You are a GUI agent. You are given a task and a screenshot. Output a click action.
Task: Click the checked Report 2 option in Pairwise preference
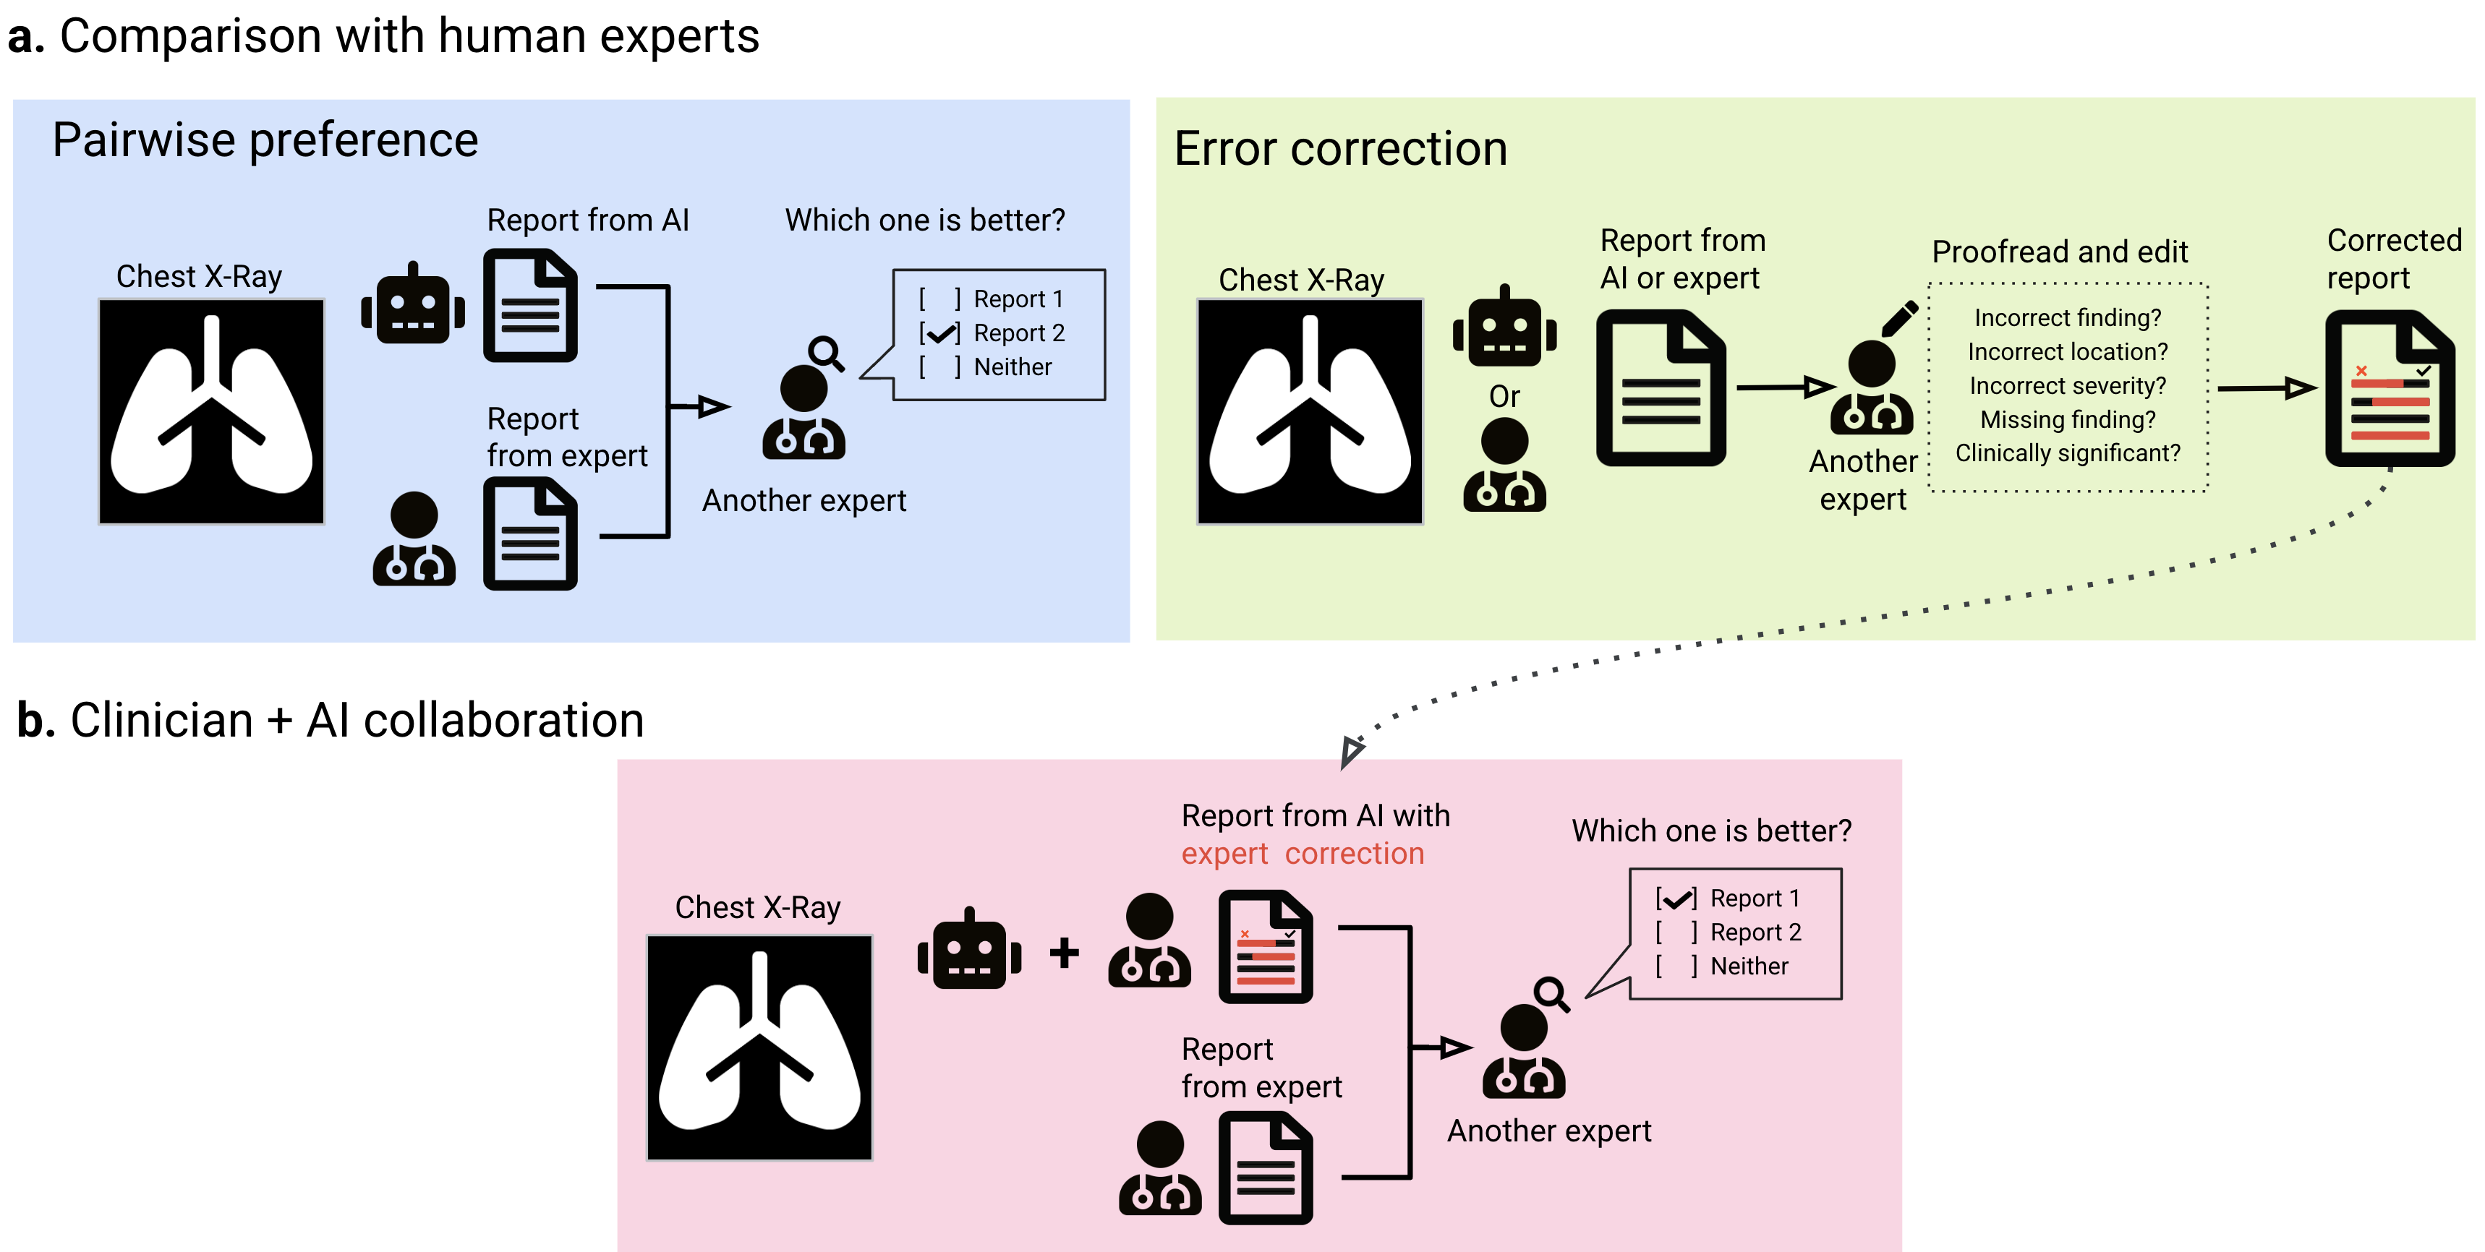(992, 333)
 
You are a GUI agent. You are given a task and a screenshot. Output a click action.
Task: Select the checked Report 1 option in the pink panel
(1728, 898)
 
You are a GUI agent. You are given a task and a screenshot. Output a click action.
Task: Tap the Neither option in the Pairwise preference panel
(985, 366)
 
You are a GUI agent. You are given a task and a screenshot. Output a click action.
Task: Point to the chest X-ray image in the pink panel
(759, 1047)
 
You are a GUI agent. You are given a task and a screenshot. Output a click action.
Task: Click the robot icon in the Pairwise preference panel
(413, 303)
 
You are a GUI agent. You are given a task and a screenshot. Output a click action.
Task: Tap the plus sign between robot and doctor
(1064, 953)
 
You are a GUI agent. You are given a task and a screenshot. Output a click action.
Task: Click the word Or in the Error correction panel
(1504, 396)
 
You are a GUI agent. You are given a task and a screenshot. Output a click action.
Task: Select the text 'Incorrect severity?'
(2067, 386)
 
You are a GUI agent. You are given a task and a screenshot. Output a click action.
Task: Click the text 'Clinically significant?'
(2067, 453)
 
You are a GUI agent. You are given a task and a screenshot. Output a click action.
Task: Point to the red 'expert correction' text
(1303, 854)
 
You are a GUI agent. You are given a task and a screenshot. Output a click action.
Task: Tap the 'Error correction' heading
(1341, 150)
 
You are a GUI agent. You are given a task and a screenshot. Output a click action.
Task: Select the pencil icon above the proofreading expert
(1898, 320)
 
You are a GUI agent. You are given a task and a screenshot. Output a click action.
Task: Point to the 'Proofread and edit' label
(2060, 252)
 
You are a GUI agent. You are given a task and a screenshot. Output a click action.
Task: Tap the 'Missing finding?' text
(2067, 419)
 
